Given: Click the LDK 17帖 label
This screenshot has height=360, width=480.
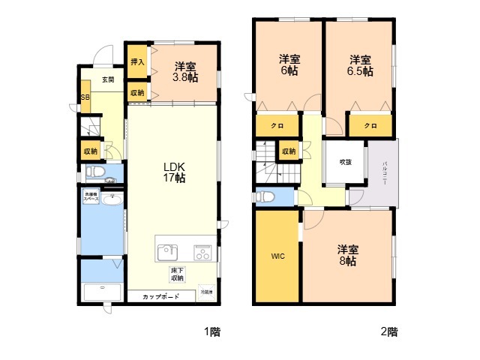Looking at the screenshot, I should pyautogui.click(x=175, y=172).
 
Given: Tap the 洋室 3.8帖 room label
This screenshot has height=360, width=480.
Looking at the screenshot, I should pyautogui.click(x=185, y=71).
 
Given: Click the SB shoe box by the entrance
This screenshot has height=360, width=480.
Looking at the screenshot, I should pyautogui.click(x=85, y=99).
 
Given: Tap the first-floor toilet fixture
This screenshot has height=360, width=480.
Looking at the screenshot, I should pyautogui.click(x=94, y=172).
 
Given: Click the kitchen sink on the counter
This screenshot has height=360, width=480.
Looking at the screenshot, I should pyautogui.click(x=167, y=250).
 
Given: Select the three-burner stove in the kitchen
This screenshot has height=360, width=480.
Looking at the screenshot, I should pyautogui.click(x=202, y=250).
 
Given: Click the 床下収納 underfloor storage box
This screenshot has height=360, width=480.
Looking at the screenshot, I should pyautogui.click(x=177, y=274).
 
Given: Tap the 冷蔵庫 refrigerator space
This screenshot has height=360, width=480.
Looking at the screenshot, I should pyautogui.click(x=205, y=292).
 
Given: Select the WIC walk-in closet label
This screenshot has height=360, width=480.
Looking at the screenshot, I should pyautogui.click(x=277, y=256).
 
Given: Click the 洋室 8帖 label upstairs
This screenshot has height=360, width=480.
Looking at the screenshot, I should pyautogui.click(x=346, y=255).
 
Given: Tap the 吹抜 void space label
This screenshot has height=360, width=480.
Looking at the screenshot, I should pyautogui.click(x=344, y=162).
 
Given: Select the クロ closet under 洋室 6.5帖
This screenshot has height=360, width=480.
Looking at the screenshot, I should pyautogui.click(x=370, y=125).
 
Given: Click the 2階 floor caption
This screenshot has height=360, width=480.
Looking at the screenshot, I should pyautogui.click(x=388, y=331).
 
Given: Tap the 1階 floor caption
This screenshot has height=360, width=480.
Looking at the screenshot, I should pyautogui.click(x=211, y=331).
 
